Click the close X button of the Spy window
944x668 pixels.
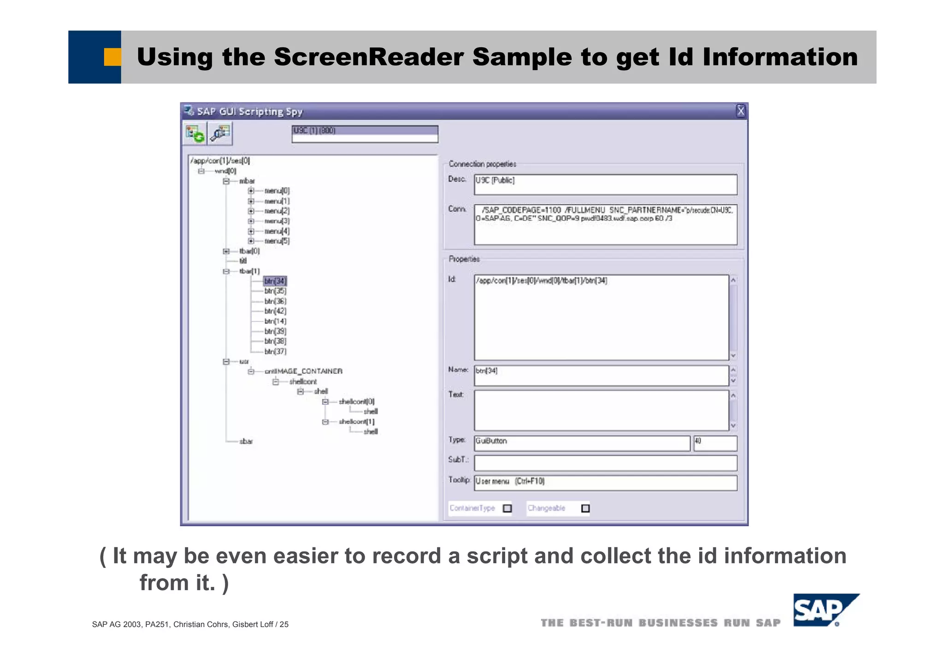point(740,111)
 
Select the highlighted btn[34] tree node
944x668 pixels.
point(275,281)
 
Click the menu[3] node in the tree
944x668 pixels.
point(277,221)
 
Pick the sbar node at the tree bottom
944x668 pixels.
point(246,441)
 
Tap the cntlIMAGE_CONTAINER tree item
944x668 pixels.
point(303,371)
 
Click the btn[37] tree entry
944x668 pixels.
point(275,351)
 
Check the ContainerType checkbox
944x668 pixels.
point(507,508)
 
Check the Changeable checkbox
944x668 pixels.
point(585,508)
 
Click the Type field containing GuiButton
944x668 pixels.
point(582,443)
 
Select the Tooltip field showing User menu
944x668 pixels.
point(605,482)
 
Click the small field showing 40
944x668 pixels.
point(714,443)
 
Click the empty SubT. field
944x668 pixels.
point(605,462)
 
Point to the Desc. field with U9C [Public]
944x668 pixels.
point(605,184)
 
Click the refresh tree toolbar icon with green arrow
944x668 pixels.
point(195,134)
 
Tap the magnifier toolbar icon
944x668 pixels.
point(220,134)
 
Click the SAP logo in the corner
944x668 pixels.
point(825,610)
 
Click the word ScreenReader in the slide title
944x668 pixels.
point(368,57)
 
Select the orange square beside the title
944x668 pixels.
point(112,57)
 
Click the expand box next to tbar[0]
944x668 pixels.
point(226,251)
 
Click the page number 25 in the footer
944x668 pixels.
point(284,624)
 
